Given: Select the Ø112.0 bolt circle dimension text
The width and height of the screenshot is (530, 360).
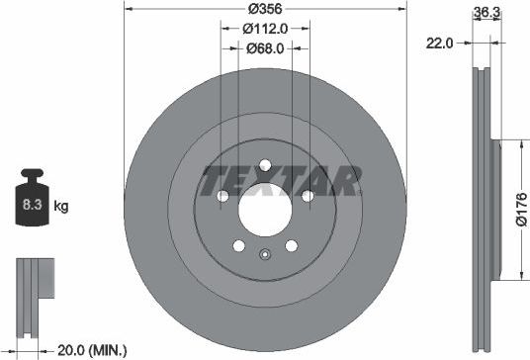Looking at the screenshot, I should coord(264,28).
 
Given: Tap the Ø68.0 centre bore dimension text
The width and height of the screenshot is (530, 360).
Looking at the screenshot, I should coord(264,47).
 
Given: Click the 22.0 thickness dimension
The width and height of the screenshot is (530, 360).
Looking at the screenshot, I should coord(439,43).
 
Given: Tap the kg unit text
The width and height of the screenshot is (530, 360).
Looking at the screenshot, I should coord(61,207).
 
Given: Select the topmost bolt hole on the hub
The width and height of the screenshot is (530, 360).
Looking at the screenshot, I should coord(264,165).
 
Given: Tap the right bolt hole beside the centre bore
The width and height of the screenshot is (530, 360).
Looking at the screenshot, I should coord(308,196).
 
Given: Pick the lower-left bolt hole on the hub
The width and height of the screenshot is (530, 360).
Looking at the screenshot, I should coord(237,246).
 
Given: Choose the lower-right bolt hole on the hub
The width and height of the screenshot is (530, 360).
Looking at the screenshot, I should coord(291,246).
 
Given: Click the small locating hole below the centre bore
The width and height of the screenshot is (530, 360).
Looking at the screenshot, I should coord(264,257).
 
